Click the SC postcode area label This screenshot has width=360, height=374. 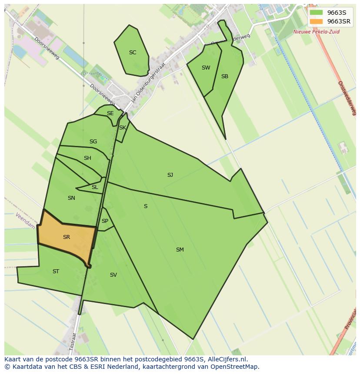click(x=133, y=53)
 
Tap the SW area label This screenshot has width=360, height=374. click(x=206, y=68)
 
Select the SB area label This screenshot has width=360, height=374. click(x=224, y=76)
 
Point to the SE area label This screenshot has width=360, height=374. click(x=110, y=113)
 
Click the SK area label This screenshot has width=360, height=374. click(x=123, y=128)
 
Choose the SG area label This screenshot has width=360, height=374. click(x=93, y=142)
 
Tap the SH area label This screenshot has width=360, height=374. click(x=87, y=158)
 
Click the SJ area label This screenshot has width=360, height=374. click(x=170, y=175)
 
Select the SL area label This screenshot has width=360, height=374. click(x=95, y=187)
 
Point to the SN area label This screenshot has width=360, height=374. click(x=71, y=198)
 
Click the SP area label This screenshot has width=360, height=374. click(x=105, y=221)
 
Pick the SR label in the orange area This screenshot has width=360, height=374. click(x=67, y=237)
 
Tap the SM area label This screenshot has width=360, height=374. click(x=180, y=250)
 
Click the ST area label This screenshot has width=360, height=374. click(x=56, y=271)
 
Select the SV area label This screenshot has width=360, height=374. click(x=113, y=275)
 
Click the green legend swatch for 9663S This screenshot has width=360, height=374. click(x=317, y=13)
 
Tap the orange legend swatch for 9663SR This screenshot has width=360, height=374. click(x=317, y=21)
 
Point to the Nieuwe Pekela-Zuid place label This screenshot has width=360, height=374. click(x=316, y=32)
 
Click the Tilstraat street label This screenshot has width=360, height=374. click(x=73, y=341)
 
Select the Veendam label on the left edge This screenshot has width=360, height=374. click(x=25, y=221)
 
